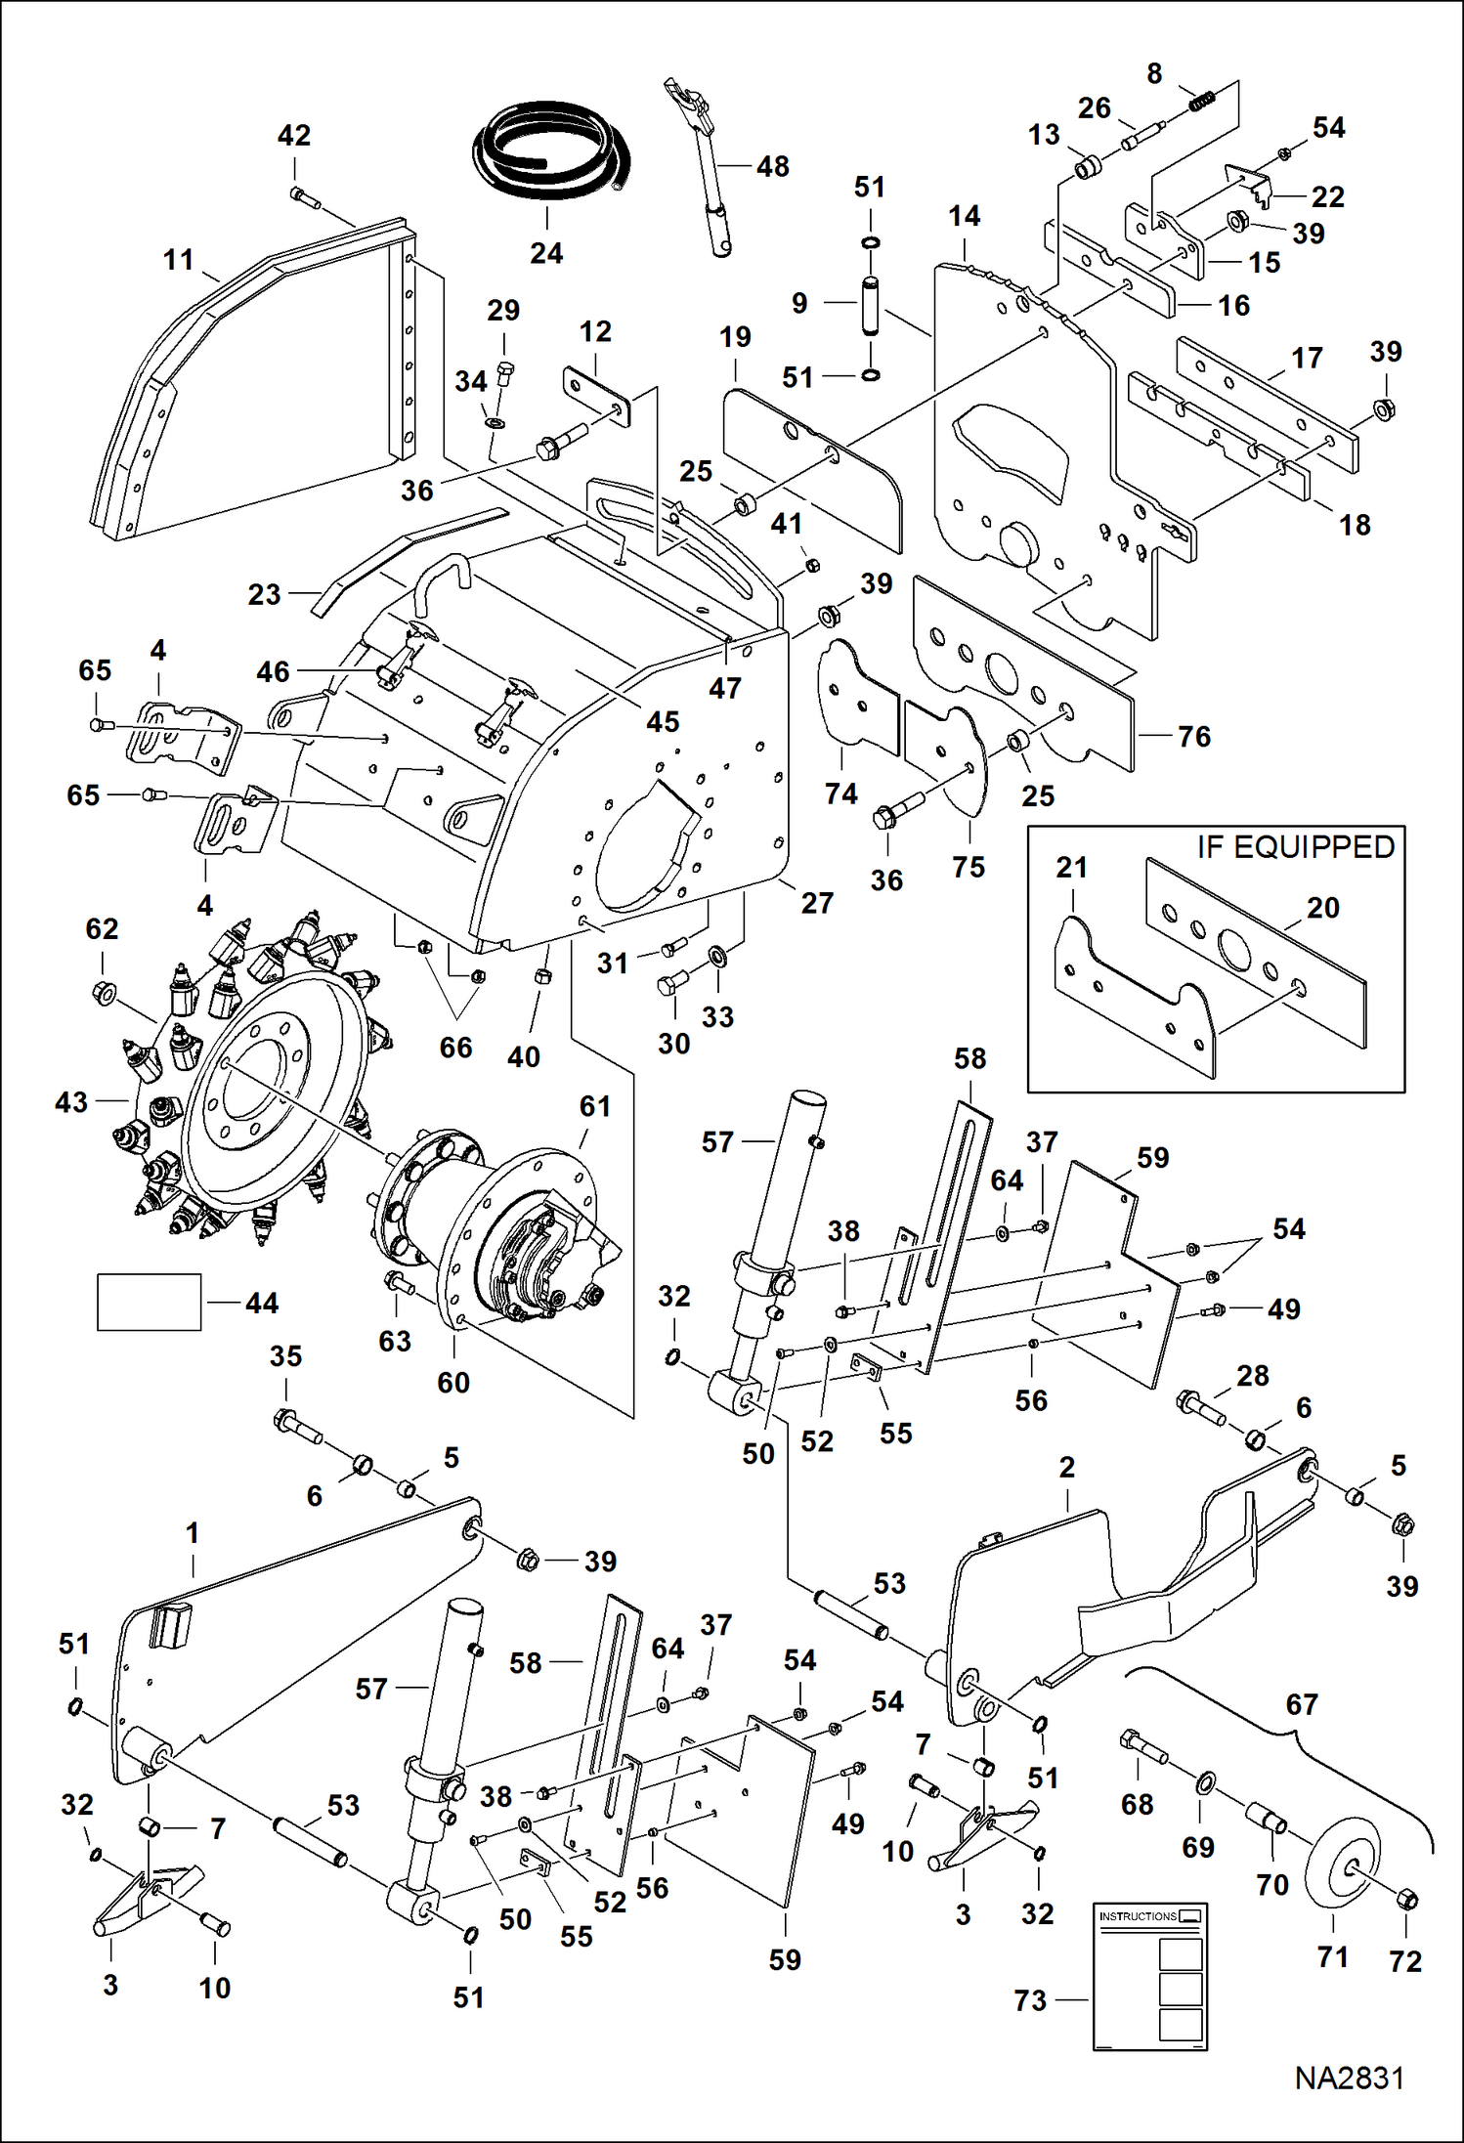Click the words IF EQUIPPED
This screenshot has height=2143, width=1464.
pos(1295,846)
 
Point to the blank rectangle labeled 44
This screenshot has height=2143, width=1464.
pos(149,1302)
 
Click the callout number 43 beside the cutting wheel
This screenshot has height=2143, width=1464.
pos(71,1102)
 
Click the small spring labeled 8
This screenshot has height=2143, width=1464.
pos(1200,100)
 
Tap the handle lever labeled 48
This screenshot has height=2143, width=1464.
pos(705,166)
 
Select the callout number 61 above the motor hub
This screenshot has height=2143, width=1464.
pos(594,1106)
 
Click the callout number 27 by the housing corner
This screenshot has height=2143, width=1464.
pos(817,902)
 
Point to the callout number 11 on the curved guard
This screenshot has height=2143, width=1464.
pos(178,260)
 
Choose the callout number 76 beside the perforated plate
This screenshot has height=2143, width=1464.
pos(1194,736)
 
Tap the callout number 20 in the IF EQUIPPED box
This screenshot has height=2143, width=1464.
pos(1322,907)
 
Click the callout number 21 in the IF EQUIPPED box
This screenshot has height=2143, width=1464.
pos(1071,867)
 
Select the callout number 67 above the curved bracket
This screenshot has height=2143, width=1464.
pos(1302,1704)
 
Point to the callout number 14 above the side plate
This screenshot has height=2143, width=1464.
pos(964,216)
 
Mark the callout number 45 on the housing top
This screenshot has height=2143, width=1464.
pos(662,721)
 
